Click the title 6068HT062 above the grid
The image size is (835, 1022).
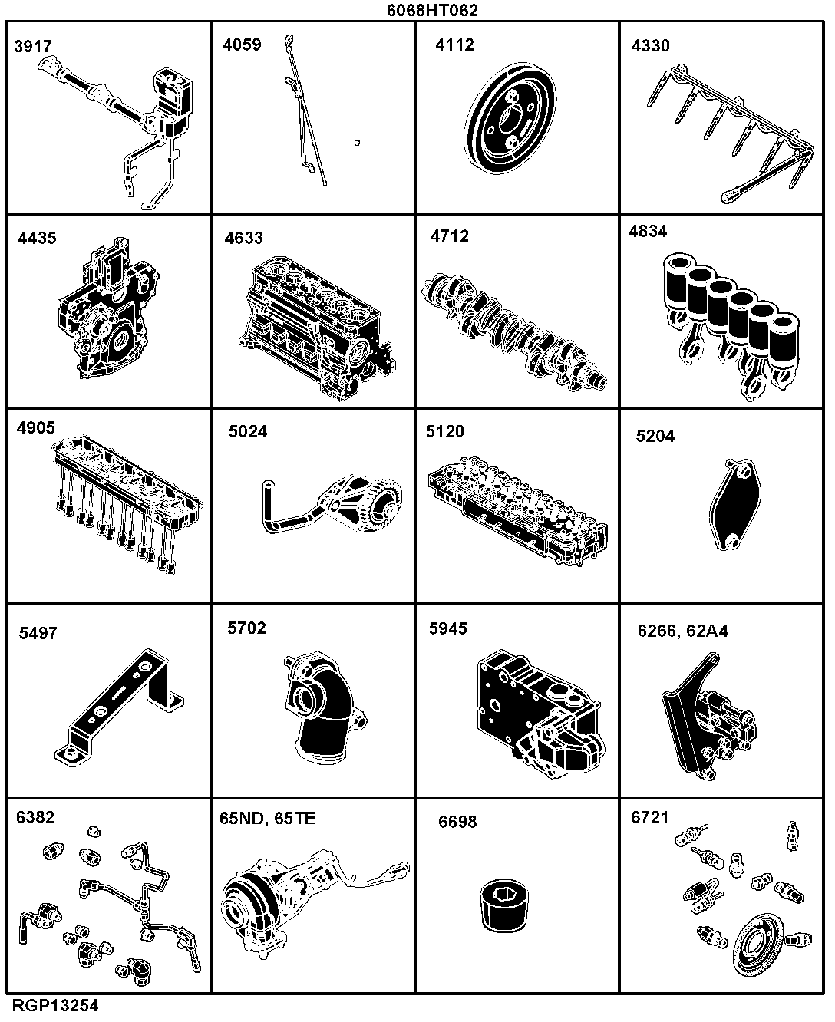click(x=432, y=10)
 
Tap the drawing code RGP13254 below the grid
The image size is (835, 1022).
click(x=55, y=1006)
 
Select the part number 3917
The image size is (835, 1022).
click(x=33, y=47)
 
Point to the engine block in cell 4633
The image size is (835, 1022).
click(x=317, y=328)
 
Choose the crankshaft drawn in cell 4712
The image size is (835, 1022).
click(x=513, y=332)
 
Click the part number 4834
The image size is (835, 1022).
click(x=648, y=232)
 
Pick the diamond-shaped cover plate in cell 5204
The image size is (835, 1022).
click(x=735, y=504)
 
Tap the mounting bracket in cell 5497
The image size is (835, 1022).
click(x=119, y=707)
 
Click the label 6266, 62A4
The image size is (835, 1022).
click(x=683, y=631)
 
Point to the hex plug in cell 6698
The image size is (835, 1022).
click(x=504, y=905)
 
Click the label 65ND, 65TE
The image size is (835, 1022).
click(x=268, y=819)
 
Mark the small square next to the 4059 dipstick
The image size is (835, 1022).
click(x=357, y=143)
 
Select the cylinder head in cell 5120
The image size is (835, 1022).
click(x=517, y=511)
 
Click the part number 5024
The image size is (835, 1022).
click(x=248, y=431)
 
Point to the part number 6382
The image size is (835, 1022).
click(x=35, y=817)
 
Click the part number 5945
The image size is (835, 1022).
click(x=447, y=628)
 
